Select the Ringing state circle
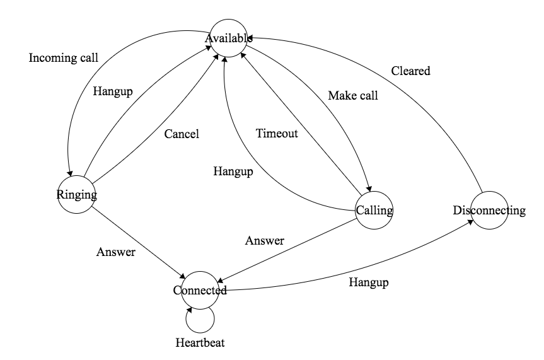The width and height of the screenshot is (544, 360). (76, 194)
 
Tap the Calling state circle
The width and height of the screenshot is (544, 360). (374, 209)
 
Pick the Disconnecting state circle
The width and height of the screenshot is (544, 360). (489, 210)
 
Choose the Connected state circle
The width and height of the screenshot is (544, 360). (200, 291)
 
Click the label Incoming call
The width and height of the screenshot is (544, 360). (64, 59)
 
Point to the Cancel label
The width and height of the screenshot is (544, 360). (182, 134)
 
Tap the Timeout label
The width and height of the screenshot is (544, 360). (277, 133)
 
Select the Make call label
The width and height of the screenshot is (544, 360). (353, 96)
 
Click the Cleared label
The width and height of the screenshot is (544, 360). (410, 71)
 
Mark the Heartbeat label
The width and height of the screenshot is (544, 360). (200, 343)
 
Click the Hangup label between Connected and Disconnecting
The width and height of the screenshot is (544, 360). (369, 282)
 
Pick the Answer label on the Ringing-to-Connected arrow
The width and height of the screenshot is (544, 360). (115, 252)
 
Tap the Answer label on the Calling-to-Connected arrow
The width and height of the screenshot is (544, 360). (264, 240)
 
